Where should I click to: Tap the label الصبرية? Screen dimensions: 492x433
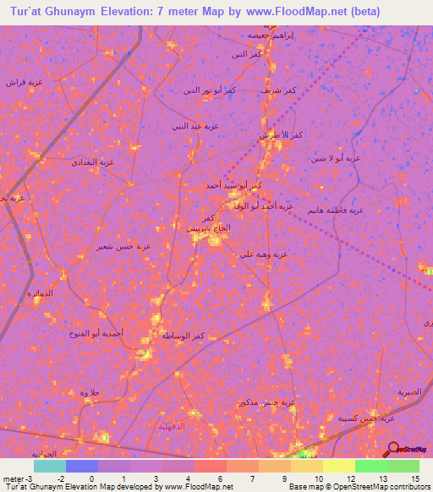[x=409, y=392]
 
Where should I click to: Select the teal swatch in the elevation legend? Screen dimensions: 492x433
[x=49, y=466]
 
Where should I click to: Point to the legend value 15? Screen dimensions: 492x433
[x=415, y=478]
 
